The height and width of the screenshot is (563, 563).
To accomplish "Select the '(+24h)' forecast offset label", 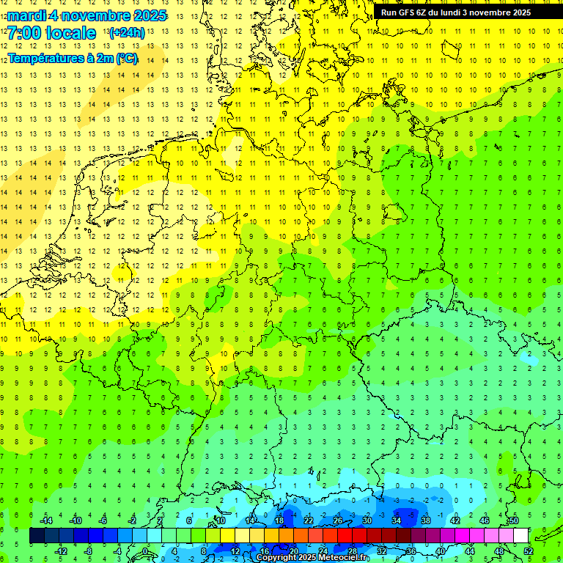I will [127, 33].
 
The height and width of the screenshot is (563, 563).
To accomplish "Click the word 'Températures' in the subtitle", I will [44, 58].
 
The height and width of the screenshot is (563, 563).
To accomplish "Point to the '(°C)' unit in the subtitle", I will [126, 58].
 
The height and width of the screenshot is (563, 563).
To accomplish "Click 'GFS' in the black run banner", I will [410, 12].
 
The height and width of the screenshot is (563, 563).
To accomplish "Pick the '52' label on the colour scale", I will [528, 551].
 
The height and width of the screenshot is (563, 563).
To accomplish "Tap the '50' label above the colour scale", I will [513, 520].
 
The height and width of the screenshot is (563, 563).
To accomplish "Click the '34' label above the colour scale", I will [396, 520].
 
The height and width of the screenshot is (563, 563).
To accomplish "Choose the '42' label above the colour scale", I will [455, 520].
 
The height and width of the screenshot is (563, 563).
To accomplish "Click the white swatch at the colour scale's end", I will [520, 536].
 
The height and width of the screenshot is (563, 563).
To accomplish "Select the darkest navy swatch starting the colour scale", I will [37, 536].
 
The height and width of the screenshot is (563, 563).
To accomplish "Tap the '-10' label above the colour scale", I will [75, 520].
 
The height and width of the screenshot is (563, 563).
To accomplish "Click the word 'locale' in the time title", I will [70, 33].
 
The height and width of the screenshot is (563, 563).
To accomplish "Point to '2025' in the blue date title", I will [147, 15].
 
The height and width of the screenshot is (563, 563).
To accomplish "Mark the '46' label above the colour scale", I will [484, 520].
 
